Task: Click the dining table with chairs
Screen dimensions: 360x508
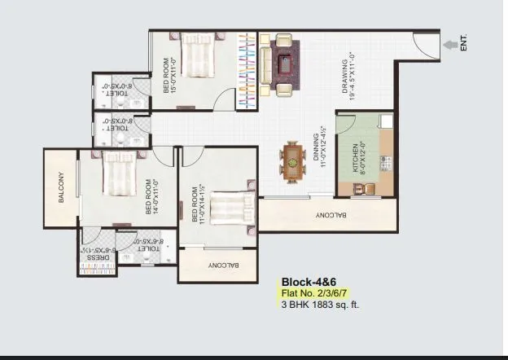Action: [293, 156]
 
